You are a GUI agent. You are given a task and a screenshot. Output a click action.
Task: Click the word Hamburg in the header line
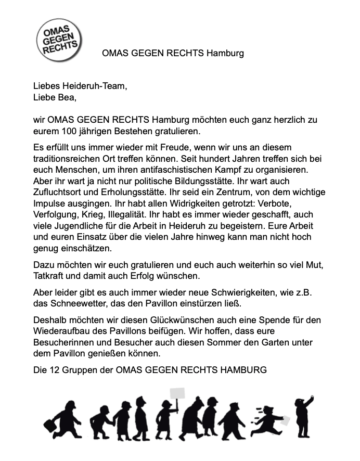[225, 53]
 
